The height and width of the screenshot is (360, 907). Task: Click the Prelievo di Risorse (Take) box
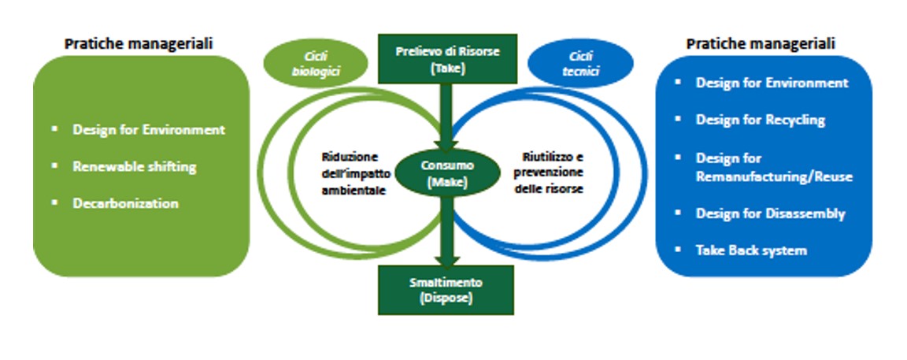click(x=446, y=58)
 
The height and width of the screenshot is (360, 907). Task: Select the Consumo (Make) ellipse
click(x=446, y=173)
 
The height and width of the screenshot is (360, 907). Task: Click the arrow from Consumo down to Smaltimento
click(x=446, y=228)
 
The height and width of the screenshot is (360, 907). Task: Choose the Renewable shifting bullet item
click(x=135, y=166)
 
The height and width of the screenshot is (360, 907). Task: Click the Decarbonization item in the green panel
click(x=126, y=203)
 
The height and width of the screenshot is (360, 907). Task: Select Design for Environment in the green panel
click(x=149, y=129)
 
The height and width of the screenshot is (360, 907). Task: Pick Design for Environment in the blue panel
click(x=772, y=83)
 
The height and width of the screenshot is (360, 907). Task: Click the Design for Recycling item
click(x=760, y=120)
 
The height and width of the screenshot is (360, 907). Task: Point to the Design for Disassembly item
click(x=770, y=213)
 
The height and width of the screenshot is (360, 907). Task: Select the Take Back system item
click(x=751, y=251)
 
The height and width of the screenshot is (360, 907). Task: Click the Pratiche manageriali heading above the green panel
click(x=139, y=43)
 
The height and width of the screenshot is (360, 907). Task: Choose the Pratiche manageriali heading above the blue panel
click(x=761, y=43)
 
